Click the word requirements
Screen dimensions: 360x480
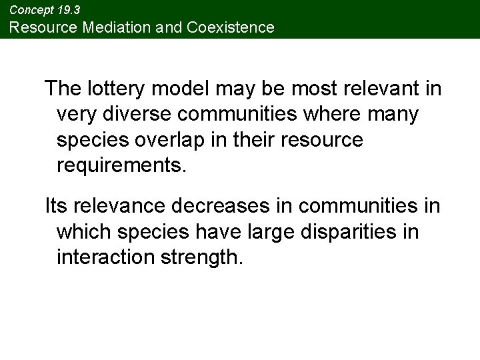pos(119,166)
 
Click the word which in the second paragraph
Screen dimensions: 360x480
pos(83,232)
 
